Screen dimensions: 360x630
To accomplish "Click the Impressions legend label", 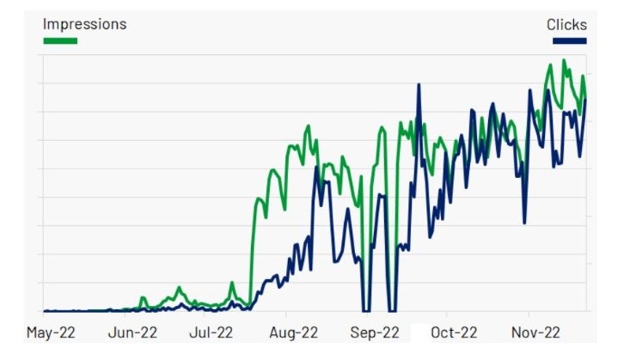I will coord(84,24).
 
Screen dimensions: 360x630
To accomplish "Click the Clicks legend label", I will coord(566,24).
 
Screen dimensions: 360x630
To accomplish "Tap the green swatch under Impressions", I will coord(60,40).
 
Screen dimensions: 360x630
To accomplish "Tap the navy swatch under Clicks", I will coord(570,40).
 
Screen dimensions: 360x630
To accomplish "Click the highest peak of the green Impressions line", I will coord(564,60).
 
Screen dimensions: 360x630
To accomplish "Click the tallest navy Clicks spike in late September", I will coord(419,84).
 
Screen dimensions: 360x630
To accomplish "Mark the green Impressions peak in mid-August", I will coord(308,125).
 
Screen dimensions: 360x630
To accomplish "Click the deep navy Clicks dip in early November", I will coord(524,223).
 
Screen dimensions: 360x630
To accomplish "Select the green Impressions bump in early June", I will coord(143,297).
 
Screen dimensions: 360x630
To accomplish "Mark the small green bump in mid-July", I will coord(232,283).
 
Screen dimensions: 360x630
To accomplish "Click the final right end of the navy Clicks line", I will coord(585,99).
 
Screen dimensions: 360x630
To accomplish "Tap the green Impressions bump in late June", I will coord(179,287).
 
